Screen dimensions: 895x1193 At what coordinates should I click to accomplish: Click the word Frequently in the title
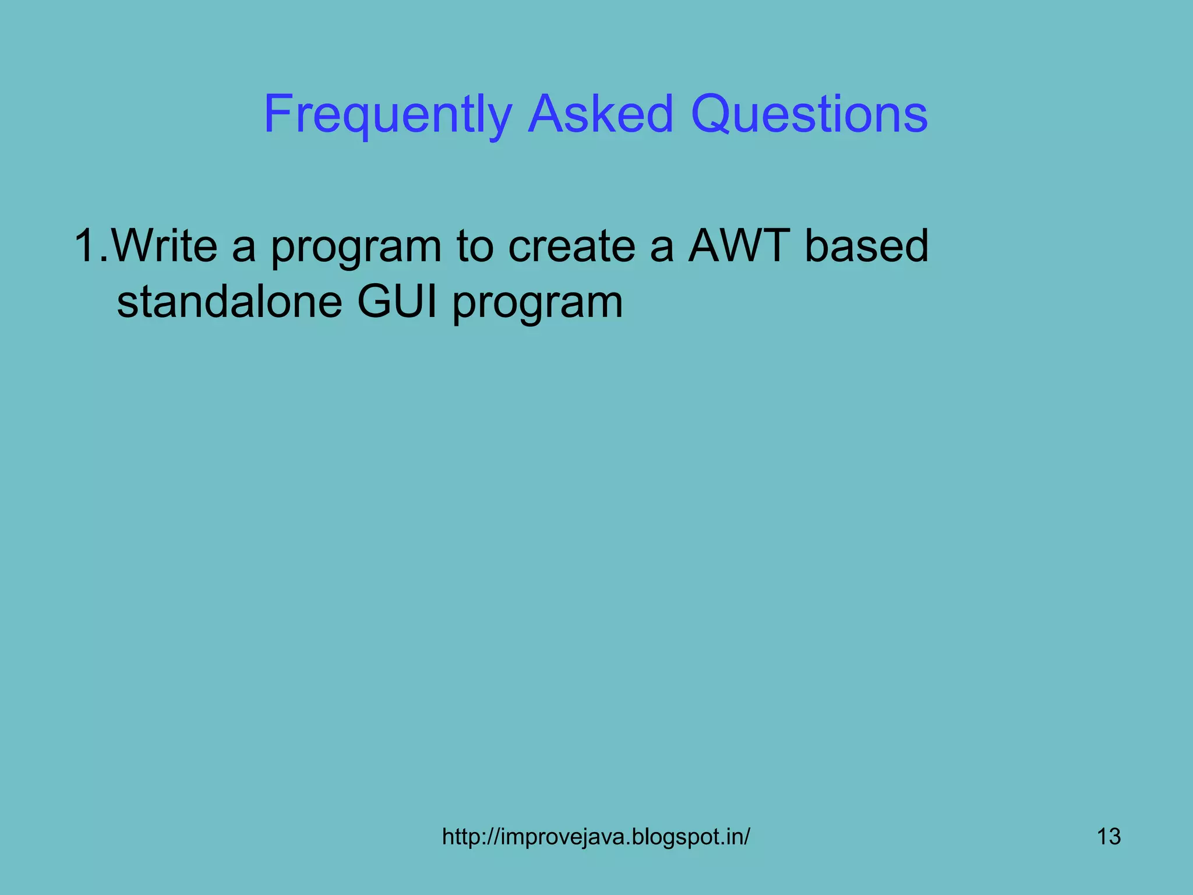[x=387, y=115]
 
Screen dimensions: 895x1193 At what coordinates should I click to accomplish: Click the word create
[x=571, y=246]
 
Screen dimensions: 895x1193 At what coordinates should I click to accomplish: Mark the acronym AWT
[x=739, y=246]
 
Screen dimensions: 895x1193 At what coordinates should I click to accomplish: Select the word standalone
[x=230, y=302]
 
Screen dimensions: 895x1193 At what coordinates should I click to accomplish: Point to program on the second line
[x=538, y=304]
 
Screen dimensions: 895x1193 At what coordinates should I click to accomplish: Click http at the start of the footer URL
[x=462, y=837]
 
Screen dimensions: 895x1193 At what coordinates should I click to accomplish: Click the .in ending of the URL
[x=731, y=837]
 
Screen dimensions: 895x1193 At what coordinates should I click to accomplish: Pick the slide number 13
[x=1109, y=837]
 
